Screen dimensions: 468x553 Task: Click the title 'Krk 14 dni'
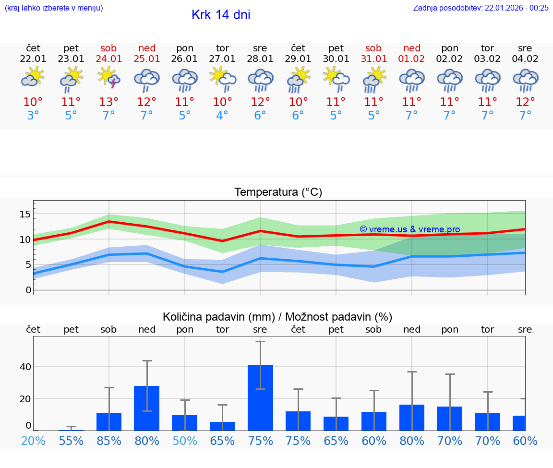pyautogui.click(x=221, y=15)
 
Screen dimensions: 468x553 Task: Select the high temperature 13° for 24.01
pyautogui.click(x=109, y=102)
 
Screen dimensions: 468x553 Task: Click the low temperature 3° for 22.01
pyautogui.click(x=33, y=116)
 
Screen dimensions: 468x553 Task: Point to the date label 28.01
pyautogui.click(x=260, y=59)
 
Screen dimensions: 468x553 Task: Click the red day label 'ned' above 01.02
pyautogui.click(x=412, y=48)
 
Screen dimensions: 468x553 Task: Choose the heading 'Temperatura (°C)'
pyautogui.click(x=278, y=192)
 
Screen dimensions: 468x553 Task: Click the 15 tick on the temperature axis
pyautogui.click(x=25, y=214)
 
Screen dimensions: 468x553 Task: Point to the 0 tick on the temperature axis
pyautogui.click(x=28, y=290)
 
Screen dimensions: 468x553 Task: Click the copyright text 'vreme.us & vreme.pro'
pyautogui.click(x=410, y=229)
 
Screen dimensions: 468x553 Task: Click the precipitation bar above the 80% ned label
pyautogui.click(x=146, y=408)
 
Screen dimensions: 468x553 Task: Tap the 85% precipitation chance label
pyautogui.click(x=109, y=441)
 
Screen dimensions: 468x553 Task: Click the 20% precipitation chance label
pyautogui.click(x=33, y=441)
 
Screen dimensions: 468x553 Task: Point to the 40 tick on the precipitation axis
pyautogui.click(x=25, y=367)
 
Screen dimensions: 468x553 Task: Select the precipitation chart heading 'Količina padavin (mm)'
pyautogui.click(x=218, y=317)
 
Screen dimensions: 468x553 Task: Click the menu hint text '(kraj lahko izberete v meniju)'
pyautogui.click(x=54, y=8)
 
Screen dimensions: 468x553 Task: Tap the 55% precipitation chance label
pyautogui.click(x=71, y=441)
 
